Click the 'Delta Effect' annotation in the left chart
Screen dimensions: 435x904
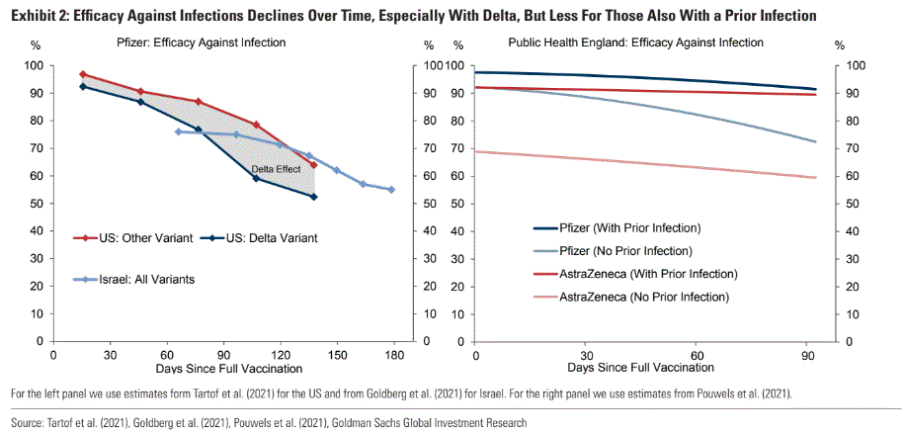pos(276,169)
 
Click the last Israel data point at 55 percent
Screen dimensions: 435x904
pos(391,190)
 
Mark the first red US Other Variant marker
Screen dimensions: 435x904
pos(83,74)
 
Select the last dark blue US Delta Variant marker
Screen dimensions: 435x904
pos(313,197)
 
